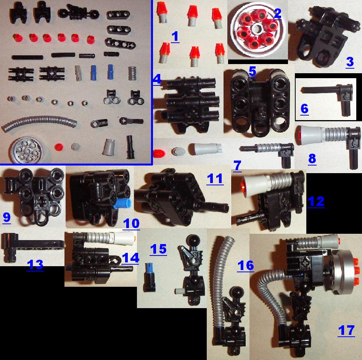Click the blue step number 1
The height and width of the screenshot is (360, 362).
tap(175, 37)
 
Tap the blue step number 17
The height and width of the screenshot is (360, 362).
tap(346, 331)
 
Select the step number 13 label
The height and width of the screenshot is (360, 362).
tap(35, 265)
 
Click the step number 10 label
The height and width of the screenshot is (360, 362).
tap(131, 223)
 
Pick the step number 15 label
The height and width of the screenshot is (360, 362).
tap(158, 249)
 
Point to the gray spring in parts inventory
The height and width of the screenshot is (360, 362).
tap(132, 73)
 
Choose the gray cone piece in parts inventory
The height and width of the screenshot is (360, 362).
tap(109, 146)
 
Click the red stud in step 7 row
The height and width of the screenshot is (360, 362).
tap(159, 153)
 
